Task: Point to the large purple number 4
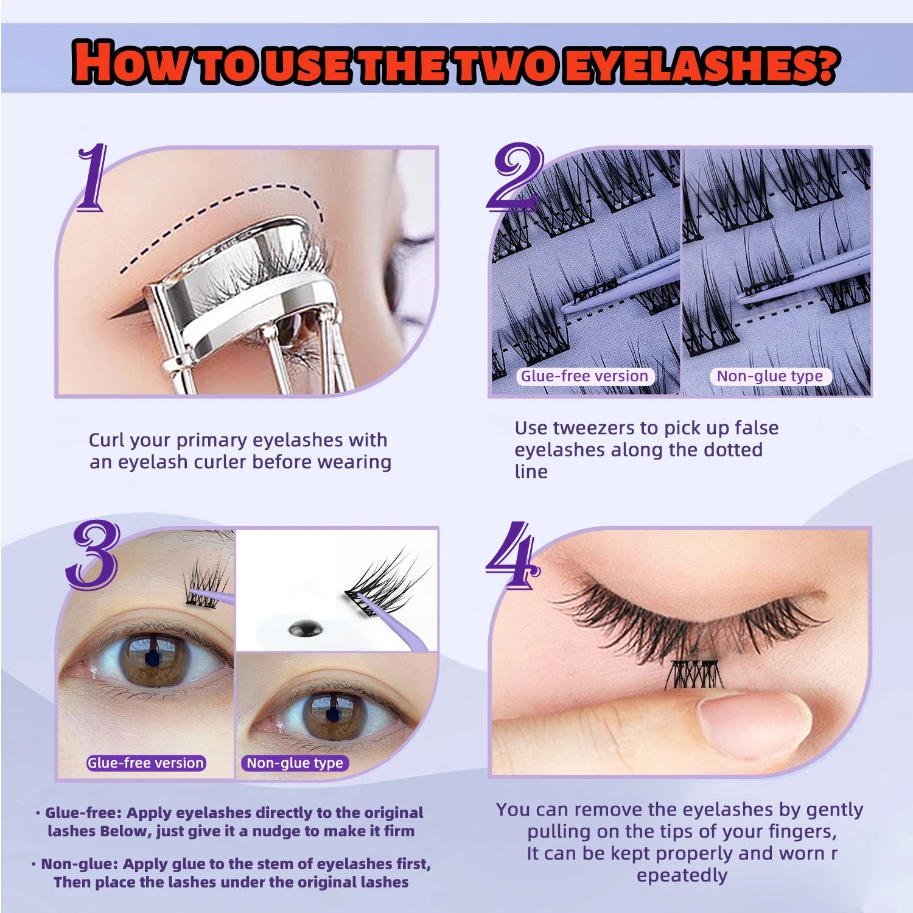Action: click(513, 555)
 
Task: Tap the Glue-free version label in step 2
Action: click(584, 376)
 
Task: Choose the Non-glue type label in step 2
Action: click(769, 376)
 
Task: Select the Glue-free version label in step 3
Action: click(145, 763)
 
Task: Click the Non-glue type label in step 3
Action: click(295, 763)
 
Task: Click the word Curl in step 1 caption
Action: click(107, 440)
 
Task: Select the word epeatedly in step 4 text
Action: click(682, 875)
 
